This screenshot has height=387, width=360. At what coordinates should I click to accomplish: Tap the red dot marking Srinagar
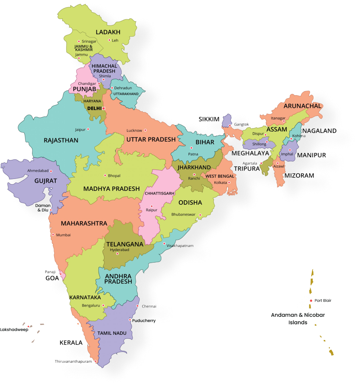78,41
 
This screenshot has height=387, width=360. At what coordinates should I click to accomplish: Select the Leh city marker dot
109,40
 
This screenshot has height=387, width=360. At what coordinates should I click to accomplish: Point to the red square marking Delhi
104,108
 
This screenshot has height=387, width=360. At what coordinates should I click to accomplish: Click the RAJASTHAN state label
61,140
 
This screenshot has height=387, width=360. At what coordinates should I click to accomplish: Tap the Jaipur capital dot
89,129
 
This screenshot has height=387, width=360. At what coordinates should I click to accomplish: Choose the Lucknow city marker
145,130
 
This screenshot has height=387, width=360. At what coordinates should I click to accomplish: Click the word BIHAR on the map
205,142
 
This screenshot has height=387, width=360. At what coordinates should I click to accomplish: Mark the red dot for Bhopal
105,175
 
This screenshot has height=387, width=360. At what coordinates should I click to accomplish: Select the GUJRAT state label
46,181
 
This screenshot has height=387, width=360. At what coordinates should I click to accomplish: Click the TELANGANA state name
125,244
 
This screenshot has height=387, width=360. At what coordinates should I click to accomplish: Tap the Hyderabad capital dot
117,254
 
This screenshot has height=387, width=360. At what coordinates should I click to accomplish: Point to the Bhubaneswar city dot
200,215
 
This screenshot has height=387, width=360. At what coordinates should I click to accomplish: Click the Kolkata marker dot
229,182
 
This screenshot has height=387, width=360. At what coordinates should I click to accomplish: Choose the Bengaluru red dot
103,306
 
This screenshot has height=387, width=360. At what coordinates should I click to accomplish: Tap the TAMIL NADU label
112,333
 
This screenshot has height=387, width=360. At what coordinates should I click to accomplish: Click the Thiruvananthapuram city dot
96,361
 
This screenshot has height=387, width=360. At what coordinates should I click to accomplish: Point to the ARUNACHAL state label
302,106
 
